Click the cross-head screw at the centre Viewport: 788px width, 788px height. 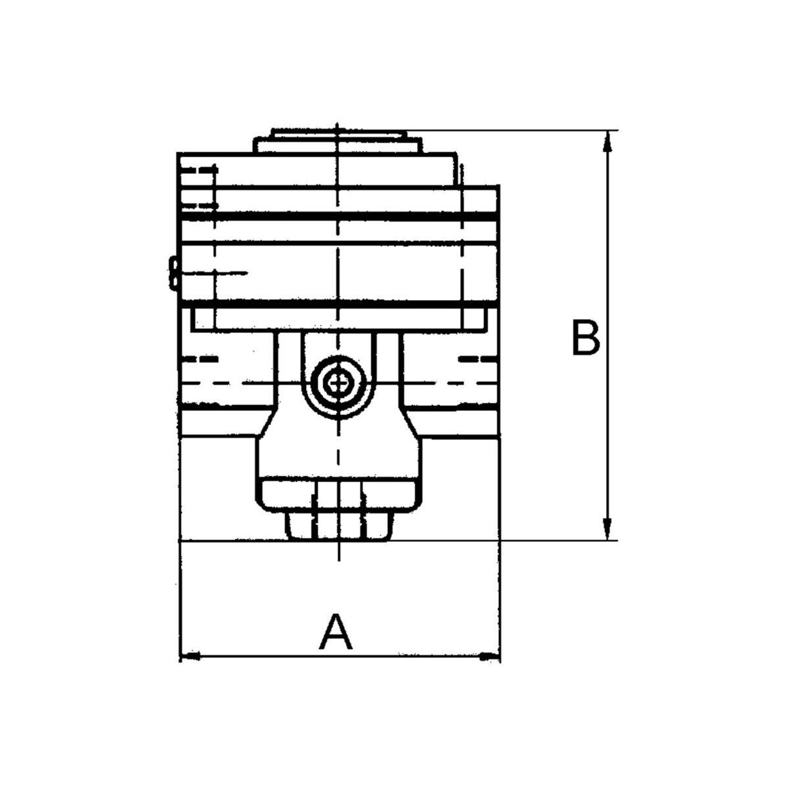(338, 383)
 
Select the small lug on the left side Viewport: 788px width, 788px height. (173, 273)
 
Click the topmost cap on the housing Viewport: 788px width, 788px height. (339, 135)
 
